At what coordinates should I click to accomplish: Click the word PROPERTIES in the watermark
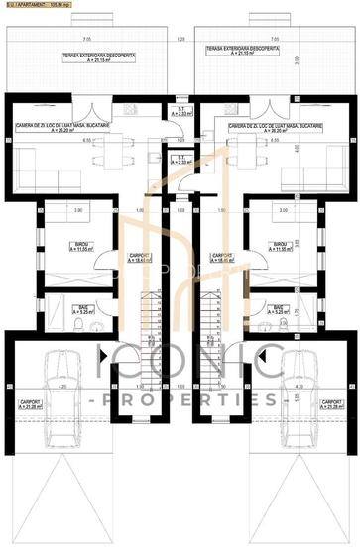click(x=180, y=399)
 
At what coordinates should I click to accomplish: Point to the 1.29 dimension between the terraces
click(x=180, y=39)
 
